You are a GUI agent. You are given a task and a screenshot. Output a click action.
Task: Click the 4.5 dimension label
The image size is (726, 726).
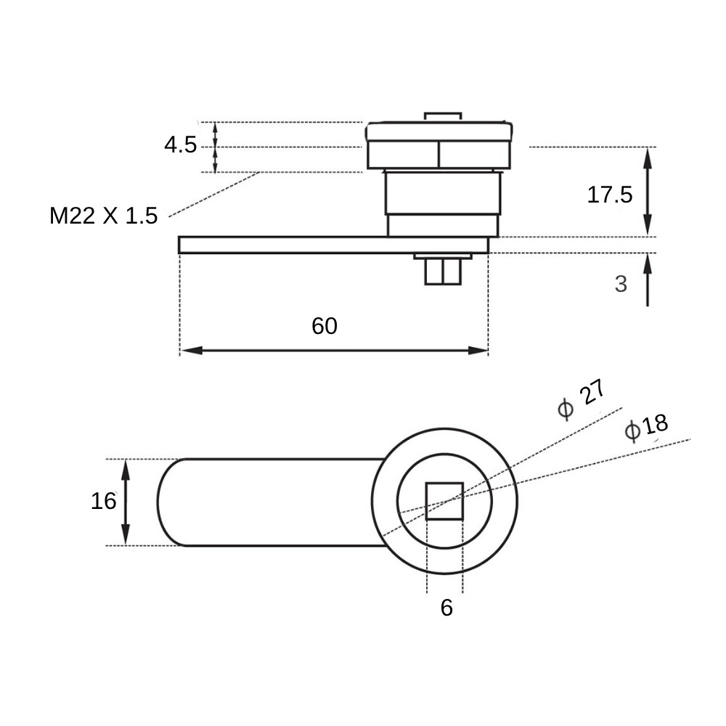[x=181, y=145]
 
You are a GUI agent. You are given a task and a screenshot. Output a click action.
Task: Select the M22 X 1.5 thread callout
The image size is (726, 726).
[x=103, y=216]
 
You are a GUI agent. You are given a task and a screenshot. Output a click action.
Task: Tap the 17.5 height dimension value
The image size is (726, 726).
[x=609, y=195]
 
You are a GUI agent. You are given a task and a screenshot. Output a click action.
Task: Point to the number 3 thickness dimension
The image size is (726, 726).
[x=621, y=284]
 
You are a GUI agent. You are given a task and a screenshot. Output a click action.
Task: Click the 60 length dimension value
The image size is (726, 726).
[x=324, y=326]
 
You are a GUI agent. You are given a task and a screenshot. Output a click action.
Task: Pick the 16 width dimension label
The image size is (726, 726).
[x=103, y=501]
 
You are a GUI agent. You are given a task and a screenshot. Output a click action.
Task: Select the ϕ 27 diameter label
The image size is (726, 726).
[x=582, y=399]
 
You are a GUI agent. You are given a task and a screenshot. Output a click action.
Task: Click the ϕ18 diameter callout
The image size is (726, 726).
[x=646, y=426]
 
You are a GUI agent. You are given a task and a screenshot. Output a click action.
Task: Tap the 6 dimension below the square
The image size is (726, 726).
[x=446, y=608]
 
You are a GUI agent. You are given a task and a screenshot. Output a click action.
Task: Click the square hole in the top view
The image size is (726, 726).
[x=444, y=501]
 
